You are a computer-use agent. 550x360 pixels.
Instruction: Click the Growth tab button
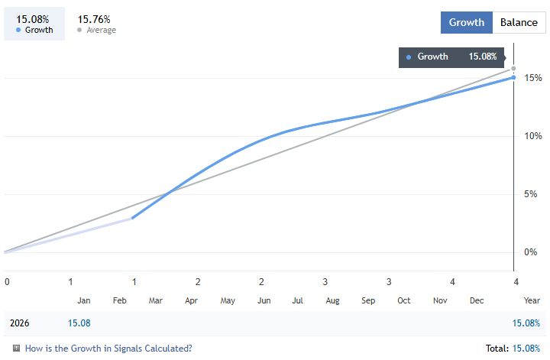[466, 22]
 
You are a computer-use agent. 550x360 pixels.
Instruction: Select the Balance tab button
[519, 22]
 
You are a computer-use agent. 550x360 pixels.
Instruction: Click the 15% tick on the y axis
[533, 78]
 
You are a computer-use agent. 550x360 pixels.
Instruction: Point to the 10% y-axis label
[533, 136]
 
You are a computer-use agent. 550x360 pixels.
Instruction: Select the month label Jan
[84, 301]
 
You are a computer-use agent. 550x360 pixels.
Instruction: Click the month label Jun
[264, 301]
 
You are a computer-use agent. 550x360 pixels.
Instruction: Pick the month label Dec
[477, 301]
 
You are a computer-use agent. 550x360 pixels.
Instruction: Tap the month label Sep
[369, 301]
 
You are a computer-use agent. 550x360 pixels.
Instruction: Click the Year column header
[532, 301]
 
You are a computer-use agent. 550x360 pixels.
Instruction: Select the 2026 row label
[20, 323]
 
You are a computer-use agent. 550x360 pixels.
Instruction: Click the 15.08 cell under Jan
[79, 323]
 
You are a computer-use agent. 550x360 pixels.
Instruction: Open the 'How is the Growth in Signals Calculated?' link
[108, 349]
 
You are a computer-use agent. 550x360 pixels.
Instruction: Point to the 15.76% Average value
[94, 18]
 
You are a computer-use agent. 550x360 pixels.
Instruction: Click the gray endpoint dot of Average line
[513, 69]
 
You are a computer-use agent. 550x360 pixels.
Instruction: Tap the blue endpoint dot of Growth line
[513, 77]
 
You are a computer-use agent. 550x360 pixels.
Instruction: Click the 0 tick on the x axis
[7, 281]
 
